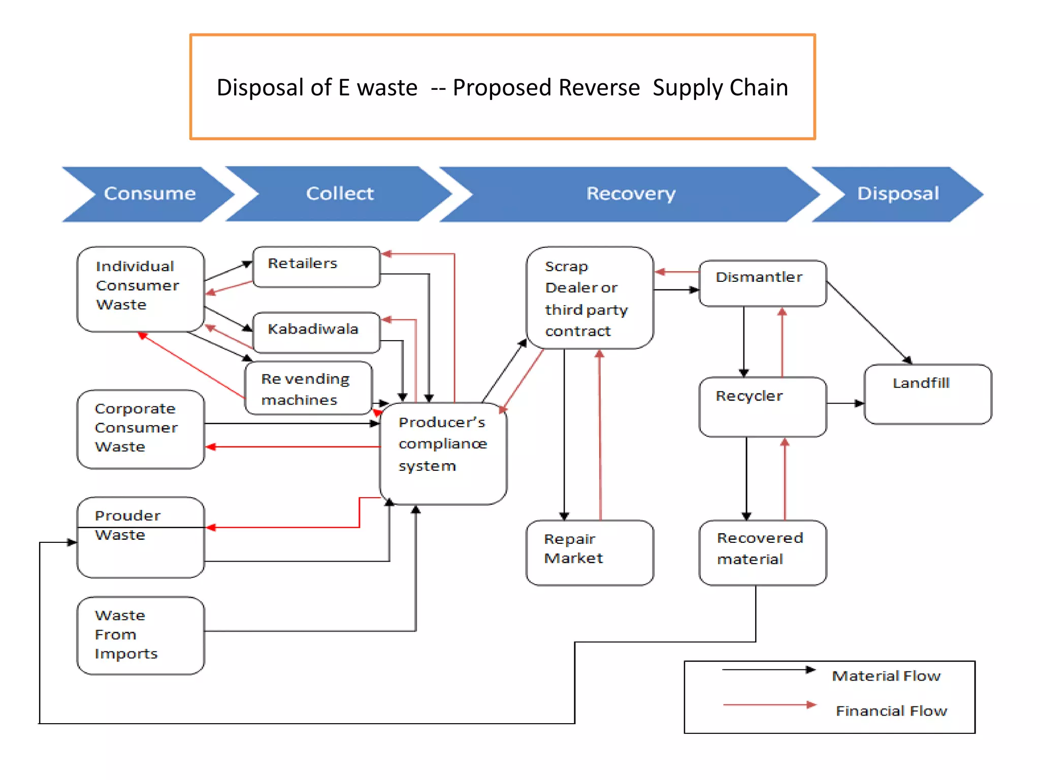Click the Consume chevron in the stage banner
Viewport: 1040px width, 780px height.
pos(149,194)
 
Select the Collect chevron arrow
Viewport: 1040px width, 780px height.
pos(339,194)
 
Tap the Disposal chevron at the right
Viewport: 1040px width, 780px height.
pos(897,194)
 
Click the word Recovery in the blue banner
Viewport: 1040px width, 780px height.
pos(631,194)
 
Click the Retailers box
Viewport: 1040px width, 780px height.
pos(316,267)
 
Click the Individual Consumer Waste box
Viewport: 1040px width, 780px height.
pos(141,289)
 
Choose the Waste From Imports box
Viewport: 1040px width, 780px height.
pos(141,635)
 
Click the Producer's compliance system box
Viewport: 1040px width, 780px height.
pos(443,453)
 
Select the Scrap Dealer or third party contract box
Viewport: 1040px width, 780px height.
pos(590,298)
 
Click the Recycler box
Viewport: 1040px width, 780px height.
pos(762,406)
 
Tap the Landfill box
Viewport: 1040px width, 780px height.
pos(927,394)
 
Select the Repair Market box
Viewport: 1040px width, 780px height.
pos(590,552)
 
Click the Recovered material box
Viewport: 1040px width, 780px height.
pos(762,552)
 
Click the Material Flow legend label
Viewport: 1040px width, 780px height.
pos(886,676)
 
